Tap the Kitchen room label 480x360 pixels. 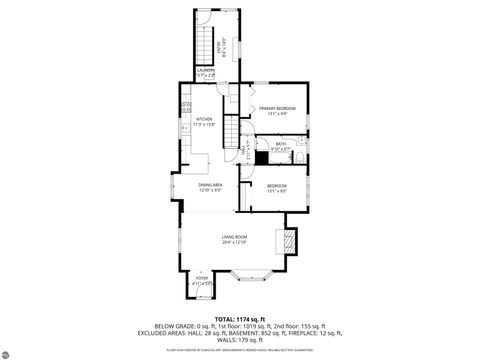pos(205,120)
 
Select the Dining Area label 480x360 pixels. pos(209,185)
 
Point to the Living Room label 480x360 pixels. pos(235,237)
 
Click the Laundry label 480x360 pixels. pos(205,70)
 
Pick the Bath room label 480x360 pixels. pos(281,144)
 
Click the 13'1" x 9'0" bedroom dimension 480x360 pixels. pos(276,190)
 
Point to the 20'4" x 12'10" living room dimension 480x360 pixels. pos(235,243)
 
